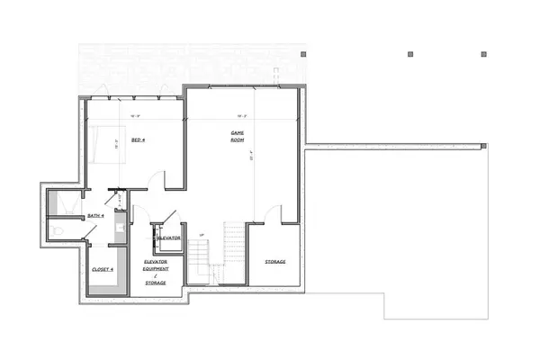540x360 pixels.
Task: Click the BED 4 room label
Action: click(x=138, y=140)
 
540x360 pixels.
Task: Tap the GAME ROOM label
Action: click(x=238, y=137)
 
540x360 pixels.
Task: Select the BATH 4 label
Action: click(x=95, y=216)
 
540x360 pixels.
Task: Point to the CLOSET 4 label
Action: click(x=103, y=269)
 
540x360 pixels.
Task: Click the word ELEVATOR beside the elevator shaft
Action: click(x=170, y=238)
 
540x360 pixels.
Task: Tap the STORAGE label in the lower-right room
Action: click(x=275, y=262)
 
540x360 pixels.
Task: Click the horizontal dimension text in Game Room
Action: click(x=242, y=116)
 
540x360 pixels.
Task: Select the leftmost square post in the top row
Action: click(x=410, y=54)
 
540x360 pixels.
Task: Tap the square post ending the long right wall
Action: click(x=483, y=146)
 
